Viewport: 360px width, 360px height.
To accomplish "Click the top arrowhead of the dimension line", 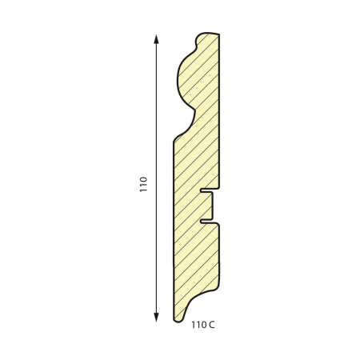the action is click(x=156, y=39).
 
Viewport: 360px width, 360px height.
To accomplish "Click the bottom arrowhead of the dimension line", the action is click(x=156, y=317).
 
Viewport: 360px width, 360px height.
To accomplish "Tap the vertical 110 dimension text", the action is click(x=143, y=184).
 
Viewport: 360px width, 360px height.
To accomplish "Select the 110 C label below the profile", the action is click(x=203, y=325).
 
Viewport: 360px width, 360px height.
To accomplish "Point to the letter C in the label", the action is click(x=212, y=325).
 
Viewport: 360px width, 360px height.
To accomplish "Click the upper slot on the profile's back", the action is click(x=207, y=190).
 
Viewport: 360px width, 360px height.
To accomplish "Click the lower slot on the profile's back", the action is click(x=207, y=222).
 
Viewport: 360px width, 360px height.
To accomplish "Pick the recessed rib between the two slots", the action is click(x=212, y=206).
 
